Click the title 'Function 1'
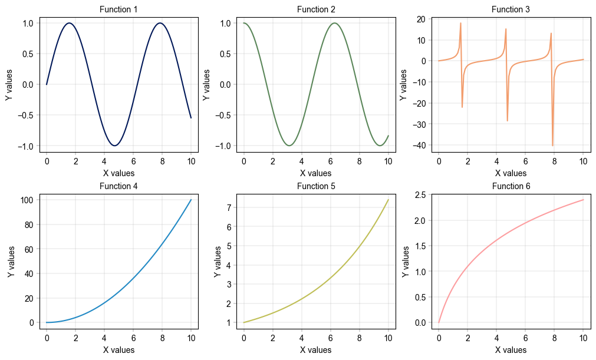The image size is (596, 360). pos(118,9)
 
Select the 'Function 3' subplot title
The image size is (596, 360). pos(511,9)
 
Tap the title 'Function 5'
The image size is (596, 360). pos(315,186)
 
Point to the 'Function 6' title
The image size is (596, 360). pos(511,186)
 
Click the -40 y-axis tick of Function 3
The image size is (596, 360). pos(420,145)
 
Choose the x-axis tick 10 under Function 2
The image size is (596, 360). pos(388,161)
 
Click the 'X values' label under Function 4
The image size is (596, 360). pos(118,350)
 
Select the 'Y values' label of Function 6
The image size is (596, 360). pos(406,262)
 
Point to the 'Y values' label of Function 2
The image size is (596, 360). pos(207,85)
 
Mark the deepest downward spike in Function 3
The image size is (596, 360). pos(552,146)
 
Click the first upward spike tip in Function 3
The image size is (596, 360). pos(460,23)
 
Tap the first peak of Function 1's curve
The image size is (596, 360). pos(70,23)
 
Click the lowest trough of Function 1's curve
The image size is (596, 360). pos(115,146)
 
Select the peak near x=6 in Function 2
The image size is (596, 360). pos(334,23)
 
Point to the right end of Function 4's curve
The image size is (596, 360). pos(191,200)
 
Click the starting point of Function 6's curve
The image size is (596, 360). pos(439,322)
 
